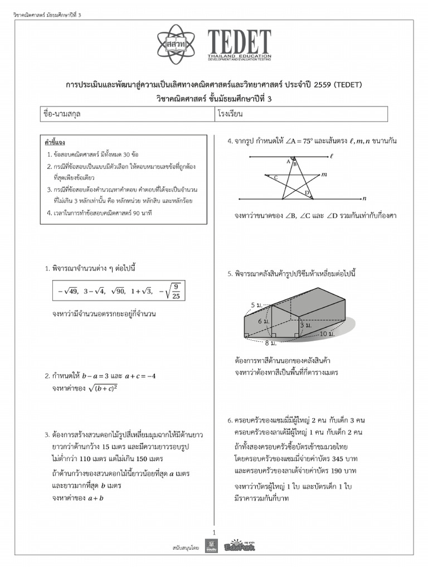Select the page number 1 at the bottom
click(214, 532)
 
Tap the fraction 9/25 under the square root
click(176, 291)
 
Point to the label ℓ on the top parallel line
click(332, 157)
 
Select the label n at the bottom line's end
click(364, 198)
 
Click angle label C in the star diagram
click(275, 177)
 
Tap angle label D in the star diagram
click(306, 193)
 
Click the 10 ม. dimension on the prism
click(327, 333)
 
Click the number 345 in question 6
click(324, 458)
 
